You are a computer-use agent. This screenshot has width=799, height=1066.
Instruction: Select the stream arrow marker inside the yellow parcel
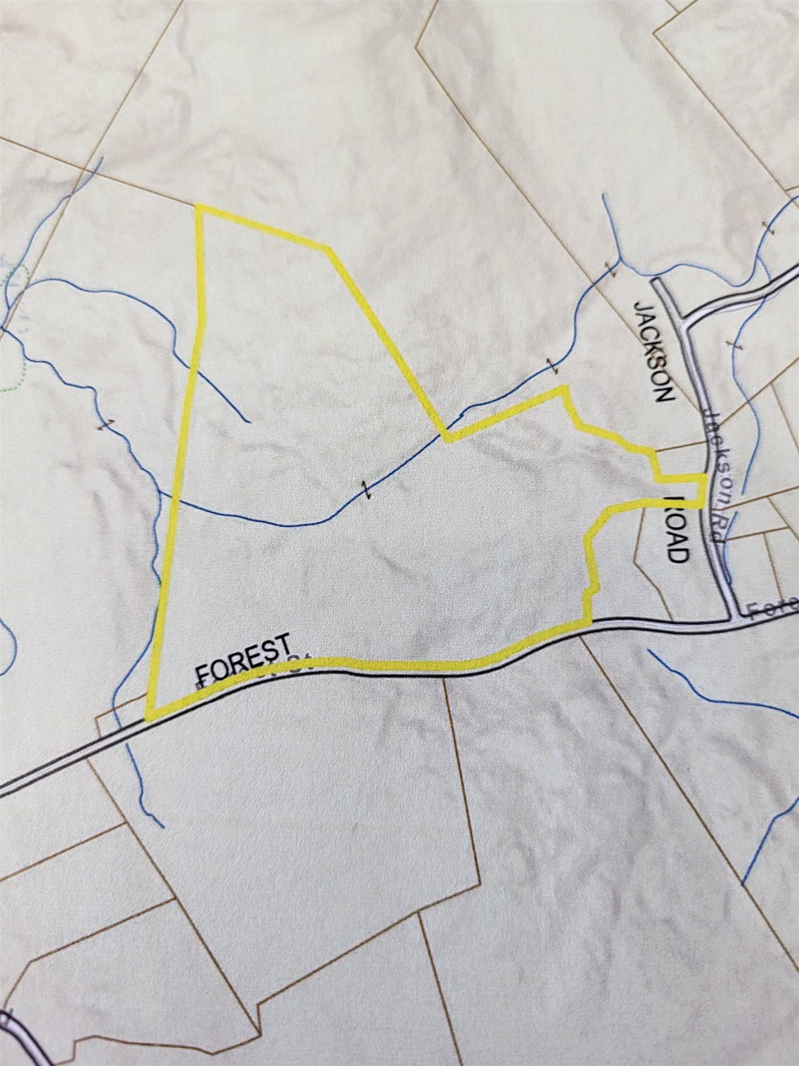(x=367, y=489)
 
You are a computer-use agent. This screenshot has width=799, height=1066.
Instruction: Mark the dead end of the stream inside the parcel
(x=248, y=421)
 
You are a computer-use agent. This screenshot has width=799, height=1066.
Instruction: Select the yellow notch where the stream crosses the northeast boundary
(x=448, y=436)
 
